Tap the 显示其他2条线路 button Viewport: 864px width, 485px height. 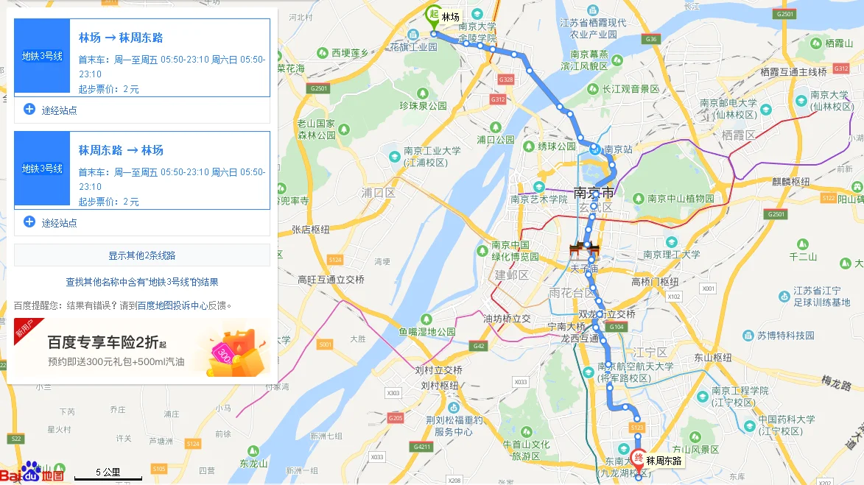pyautogui.click(x=142, y=255)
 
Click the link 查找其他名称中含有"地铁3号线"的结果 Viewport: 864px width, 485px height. pyautogui.click(x=142, y=282)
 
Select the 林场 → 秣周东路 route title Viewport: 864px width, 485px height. pyautogui.click(x=121, y=38)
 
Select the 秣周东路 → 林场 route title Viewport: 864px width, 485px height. pyautogui.click(x=121, y=150)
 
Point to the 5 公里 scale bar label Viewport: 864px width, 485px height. pyautogui.click(x=108, y=472)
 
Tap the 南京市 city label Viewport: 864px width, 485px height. pyautogui.click(x=593, y=194)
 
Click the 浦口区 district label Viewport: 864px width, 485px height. pyautogui.click(x=379, y=194)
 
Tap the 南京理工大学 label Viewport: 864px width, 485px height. pyautogui.click(x=671, y=255)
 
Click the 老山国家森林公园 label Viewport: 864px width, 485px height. pyautogui.click(x=316, y=129)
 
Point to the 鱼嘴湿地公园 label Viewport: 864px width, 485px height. pyautogui.click(x=427, y=331)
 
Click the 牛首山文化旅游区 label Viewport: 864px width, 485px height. pyautogui.click(x=526, y=450)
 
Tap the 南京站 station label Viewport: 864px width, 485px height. pyautogui.click(x=618, y=149)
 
